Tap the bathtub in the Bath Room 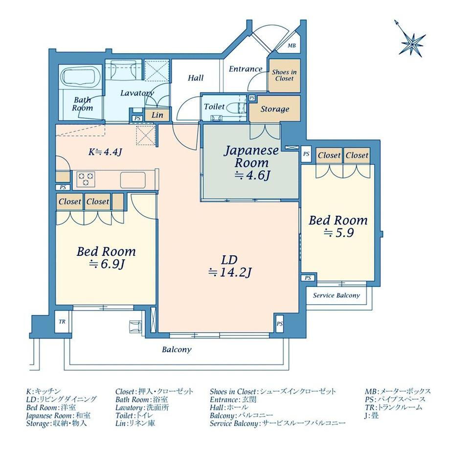[x=81, y=77]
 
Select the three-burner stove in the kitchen [x=86, y=179]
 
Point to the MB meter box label [x=292, y=45]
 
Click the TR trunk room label [x=62, y=322]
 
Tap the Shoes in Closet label [x=284, y=75]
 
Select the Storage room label [x=275, y=109]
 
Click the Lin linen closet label [x=157, y=115]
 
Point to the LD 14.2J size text [x=230, y=272]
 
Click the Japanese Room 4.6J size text [x=252, y=175]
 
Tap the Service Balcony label [x=337, y=295]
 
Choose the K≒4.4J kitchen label [x=105, y=152]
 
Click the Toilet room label [x=214, y=107]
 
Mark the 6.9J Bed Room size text [x=107, y=264]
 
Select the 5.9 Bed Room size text [x=339, y=233]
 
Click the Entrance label [x=246, y=69]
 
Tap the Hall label [x=196, y=78]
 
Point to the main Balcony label [x=177, y=350]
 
